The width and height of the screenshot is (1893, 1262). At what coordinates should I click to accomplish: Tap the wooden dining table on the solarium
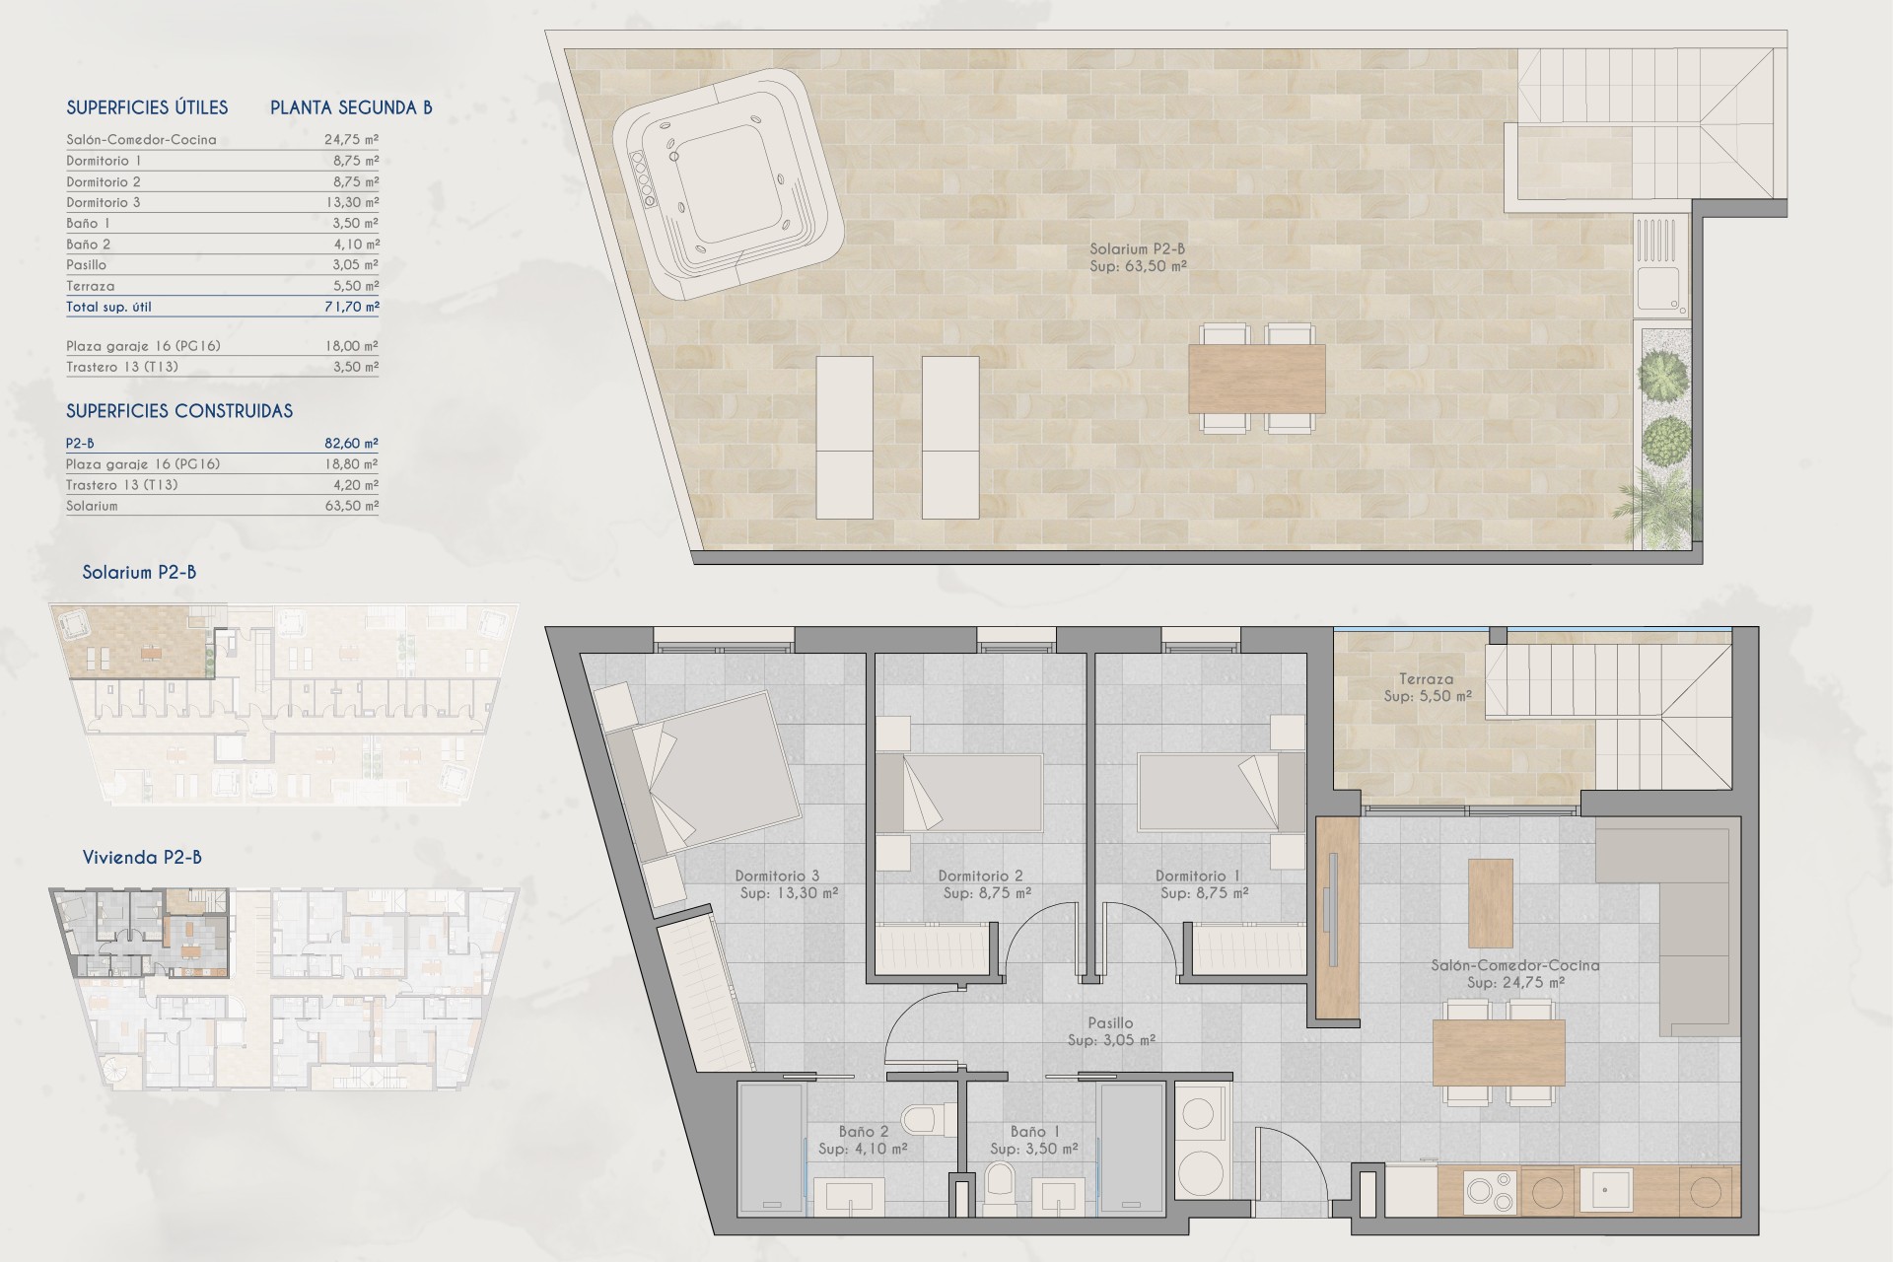point(1257,379)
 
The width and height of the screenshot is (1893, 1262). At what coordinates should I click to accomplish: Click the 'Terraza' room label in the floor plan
point(1426,678)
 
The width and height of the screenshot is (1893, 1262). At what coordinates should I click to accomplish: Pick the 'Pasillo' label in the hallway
point(1110,1023)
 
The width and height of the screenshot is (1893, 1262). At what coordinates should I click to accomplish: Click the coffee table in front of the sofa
point(1491,903)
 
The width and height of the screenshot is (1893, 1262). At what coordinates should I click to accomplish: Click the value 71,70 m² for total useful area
point(352,307)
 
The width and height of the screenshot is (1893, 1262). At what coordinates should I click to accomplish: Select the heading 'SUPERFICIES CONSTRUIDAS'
point(179,411)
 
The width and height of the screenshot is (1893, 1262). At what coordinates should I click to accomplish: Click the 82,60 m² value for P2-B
point(352,444)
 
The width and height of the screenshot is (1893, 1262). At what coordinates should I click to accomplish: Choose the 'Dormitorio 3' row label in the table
point(104,202)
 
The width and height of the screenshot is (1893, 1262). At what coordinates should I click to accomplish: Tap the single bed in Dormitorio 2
point(959,794)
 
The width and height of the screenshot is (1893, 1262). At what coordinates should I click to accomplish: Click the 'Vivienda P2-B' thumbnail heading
point(142,857)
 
